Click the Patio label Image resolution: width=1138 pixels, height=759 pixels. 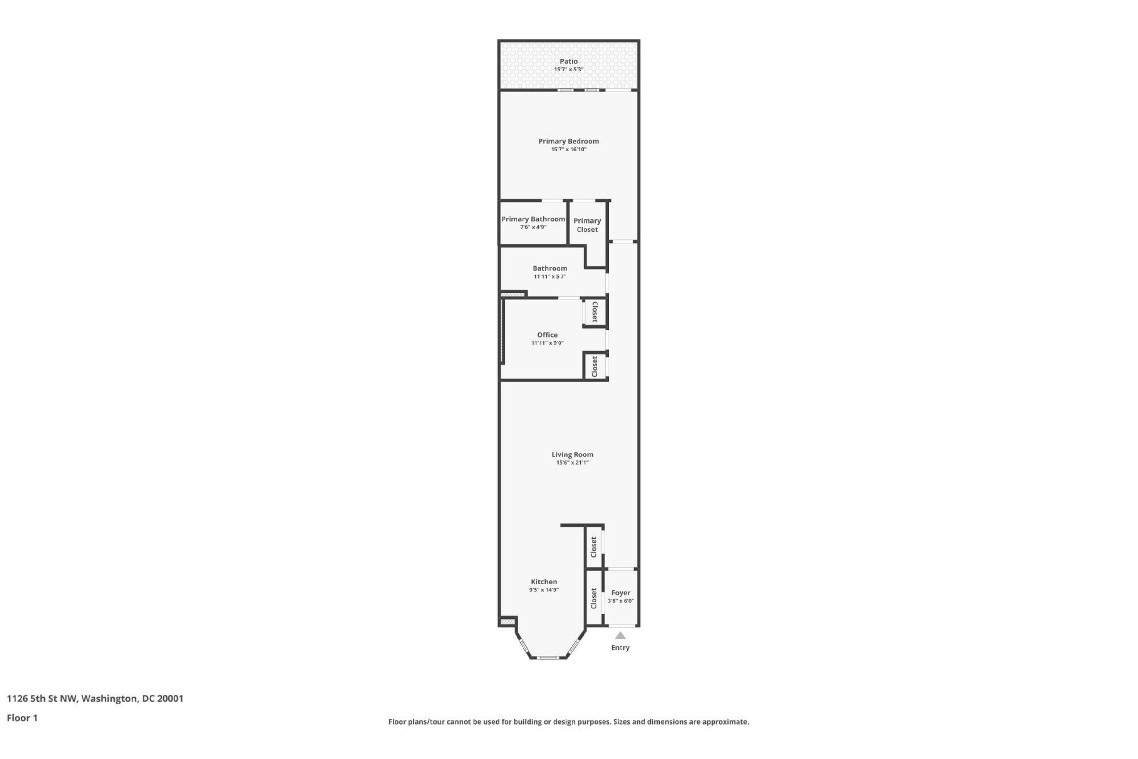point(568,61)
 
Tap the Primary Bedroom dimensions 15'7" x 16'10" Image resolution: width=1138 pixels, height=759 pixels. point(568,150)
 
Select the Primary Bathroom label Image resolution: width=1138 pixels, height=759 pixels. point(533,219)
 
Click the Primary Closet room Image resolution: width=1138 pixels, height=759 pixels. point(587,225)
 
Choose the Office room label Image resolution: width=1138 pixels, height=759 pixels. point(547,335)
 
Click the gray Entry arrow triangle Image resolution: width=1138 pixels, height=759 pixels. point(620,636)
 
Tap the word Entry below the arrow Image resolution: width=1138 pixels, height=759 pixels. point(620,648)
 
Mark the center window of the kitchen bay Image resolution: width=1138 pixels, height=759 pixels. point(548,657)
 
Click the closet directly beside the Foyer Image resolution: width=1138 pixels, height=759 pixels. point(594,598)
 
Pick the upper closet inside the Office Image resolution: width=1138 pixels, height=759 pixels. point(595,312)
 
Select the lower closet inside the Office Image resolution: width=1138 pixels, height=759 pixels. point(595,367)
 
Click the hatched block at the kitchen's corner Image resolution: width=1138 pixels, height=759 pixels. point(507,621)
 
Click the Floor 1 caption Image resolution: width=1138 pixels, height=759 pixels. point(22,718)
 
